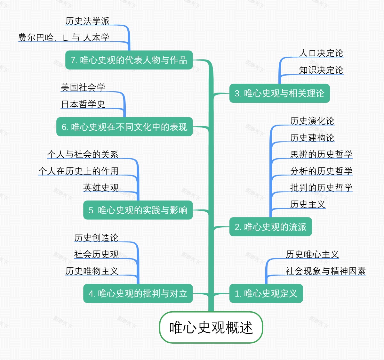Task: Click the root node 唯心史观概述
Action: [211, 327]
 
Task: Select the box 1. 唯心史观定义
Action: [266, 293]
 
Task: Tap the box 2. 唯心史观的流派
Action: [270, 227]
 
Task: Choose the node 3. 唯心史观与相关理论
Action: [279, 93]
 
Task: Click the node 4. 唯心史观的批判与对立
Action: [138, 293]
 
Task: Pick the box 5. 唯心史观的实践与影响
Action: [138, 210]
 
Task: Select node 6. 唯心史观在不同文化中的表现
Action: [124, 127]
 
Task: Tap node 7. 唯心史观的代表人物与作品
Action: [129, 60]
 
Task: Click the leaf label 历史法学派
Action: [87, 21]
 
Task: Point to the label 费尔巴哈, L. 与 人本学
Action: [64, 37]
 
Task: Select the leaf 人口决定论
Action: [321, 53]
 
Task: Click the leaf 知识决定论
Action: [321, 70]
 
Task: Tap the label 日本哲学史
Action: [83, 104]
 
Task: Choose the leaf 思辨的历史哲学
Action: [321, 154]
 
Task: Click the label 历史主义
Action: [308, 204]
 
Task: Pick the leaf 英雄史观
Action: [101, 188]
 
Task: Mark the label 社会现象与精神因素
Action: [325, 271]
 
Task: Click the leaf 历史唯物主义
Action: [92, 271]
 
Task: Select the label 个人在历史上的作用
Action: [78, 171]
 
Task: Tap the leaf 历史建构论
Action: [312, 138]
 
